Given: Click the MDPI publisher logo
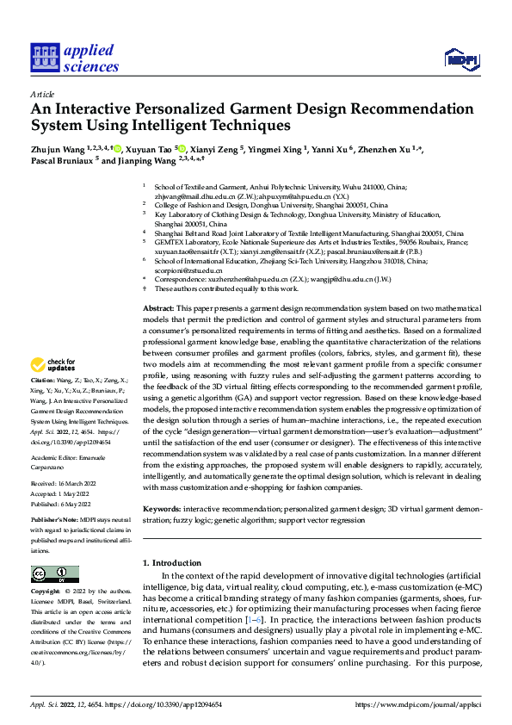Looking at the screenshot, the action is pos(461,59).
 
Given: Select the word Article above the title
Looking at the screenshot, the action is pos(42,94).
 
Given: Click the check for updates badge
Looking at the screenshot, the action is pos(54,388).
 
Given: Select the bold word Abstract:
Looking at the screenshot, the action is pos(157,307).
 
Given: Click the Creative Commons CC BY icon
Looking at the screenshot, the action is pos(54,574).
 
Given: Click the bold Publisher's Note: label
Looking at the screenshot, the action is pos(56,522).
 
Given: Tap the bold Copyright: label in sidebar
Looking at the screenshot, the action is pos(46,592).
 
